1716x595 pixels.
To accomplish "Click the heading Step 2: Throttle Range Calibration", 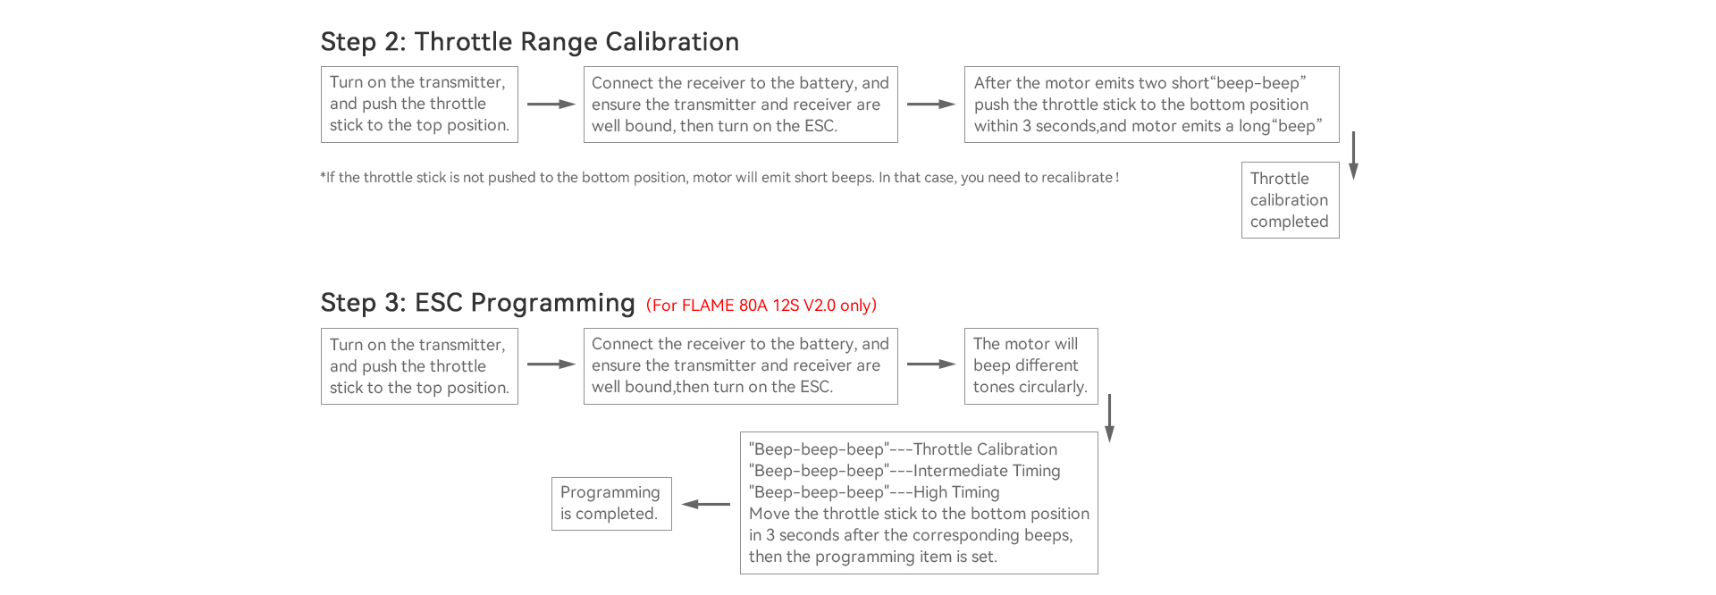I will tap(529, 42).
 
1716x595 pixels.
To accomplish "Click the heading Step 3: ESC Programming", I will tap(477, 303).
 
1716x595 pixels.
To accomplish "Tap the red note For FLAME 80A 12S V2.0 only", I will tap(761, 306).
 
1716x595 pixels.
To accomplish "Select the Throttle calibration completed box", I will tap(1290, 200).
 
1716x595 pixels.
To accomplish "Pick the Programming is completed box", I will tap(610, 503).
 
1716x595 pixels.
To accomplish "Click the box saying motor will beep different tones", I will tap(1030, 365).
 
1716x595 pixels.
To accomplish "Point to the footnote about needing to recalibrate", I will tap(719, 178).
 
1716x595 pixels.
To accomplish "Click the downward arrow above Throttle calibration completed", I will tap(1353, 155).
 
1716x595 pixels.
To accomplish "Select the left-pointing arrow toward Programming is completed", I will tap(706, 504).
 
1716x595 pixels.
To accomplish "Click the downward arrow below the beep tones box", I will tap(1109, 418).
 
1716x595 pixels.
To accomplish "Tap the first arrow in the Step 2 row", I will tap(551, 105).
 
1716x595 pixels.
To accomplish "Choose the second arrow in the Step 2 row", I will tap(930, 105).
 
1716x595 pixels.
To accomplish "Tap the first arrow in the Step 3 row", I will tap(551, 365).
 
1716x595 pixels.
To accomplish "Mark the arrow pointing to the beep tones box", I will tap(930, 365).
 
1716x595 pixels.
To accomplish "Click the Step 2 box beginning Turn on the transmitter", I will tap(419, 104).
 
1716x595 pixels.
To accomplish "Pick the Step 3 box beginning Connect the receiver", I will tap(740, 365).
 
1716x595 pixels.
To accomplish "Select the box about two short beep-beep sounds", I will tap(1151, 105).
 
